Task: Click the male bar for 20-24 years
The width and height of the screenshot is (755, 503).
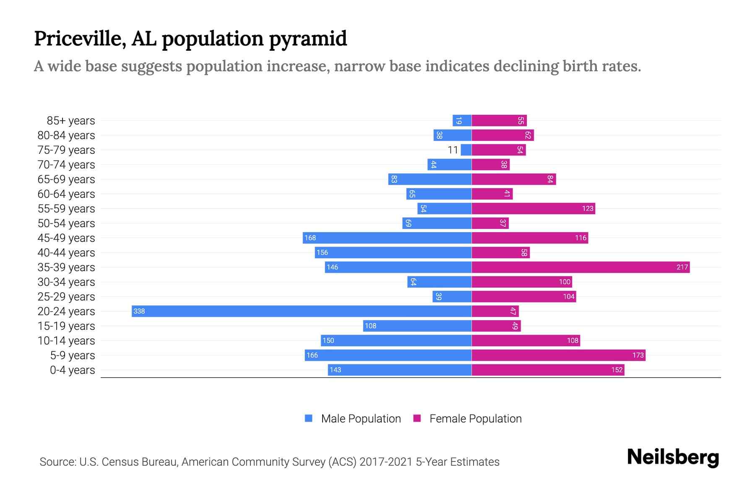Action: pyautogui.click(x=302, y=311)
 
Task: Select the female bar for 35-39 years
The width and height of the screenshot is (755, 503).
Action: pyautogui.click(x=581, y=267)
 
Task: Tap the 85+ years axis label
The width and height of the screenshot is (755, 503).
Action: pyautogui.click(x=71, y=121)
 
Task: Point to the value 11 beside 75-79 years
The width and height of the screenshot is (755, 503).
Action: pyautogui.click(x=453, y=150)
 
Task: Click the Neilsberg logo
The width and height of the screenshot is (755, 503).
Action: pyautogui.click(x=673, y=457)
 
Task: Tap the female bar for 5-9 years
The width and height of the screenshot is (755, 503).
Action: pyautogui.click(x=558, y=355)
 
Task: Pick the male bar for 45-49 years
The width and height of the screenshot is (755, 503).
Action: pyautogui.click(x=387, y=238)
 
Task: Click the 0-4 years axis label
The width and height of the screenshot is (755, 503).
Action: pyautogui.click(x=73, y=370)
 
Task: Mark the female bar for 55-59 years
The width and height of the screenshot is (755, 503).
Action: pyautogui.click(x=533, y=208)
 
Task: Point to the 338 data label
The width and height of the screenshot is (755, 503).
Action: pyautogui.click(x=139, y=311)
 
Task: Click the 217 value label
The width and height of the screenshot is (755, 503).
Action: pyautogui.click(x=682, y=267)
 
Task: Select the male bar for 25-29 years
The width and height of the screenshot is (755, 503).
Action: pyautogui.click(x=452, y=296)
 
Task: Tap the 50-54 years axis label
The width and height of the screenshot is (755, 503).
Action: pyautogui.click(x=66, y=223)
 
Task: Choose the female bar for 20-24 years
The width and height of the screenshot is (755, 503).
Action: pyautogui.click(x=495, y=311)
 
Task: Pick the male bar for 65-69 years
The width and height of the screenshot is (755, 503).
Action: pyautogui.click(x=430, y=179)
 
